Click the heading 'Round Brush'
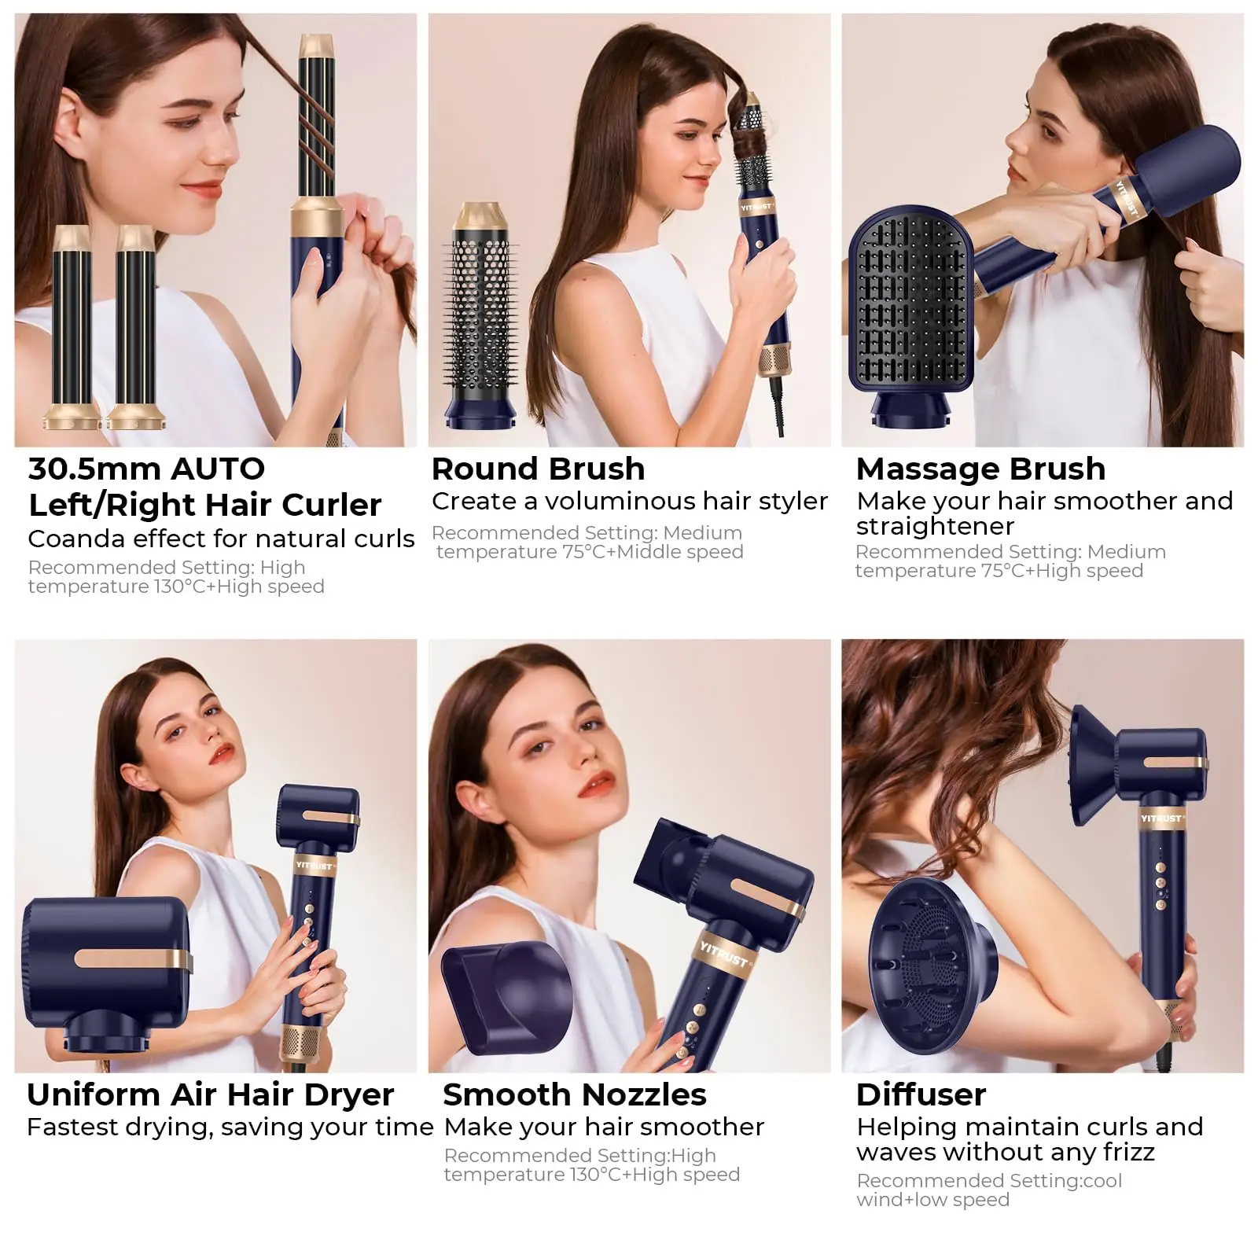[538, 469]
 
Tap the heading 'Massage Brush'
[980, 469]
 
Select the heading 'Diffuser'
[921, 1094]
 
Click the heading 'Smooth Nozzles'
[574, 1094]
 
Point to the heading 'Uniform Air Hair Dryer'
[210, 1094]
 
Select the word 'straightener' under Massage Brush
[935, 526]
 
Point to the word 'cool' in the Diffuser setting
[1102, 1181]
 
